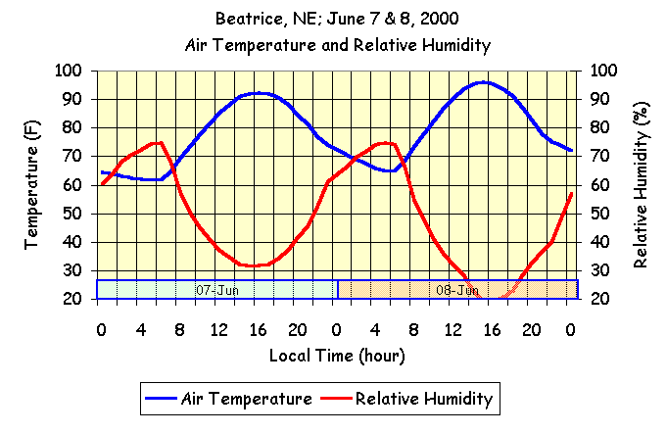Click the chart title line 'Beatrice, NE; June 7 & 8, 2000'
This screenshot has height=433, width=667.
point(338,19)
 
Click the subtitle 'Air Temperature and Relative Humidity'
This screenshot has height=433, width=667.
point(338,45)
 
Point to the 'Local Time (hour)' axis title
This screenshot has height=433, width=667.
point(337,355)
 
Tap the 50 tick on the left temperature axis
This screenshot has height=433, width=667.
point(71,214)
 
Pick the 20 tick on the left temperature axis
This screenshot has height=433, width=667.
point(71,299)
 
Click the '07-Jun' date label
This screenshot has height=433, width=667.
point(217,290)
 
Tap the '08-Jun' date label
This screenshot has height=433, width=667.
point(456,290)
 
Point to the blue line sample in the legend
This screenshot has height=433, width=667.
point(160,399)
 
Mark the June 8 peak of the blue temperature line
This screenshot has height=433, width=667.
point(484,82)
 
